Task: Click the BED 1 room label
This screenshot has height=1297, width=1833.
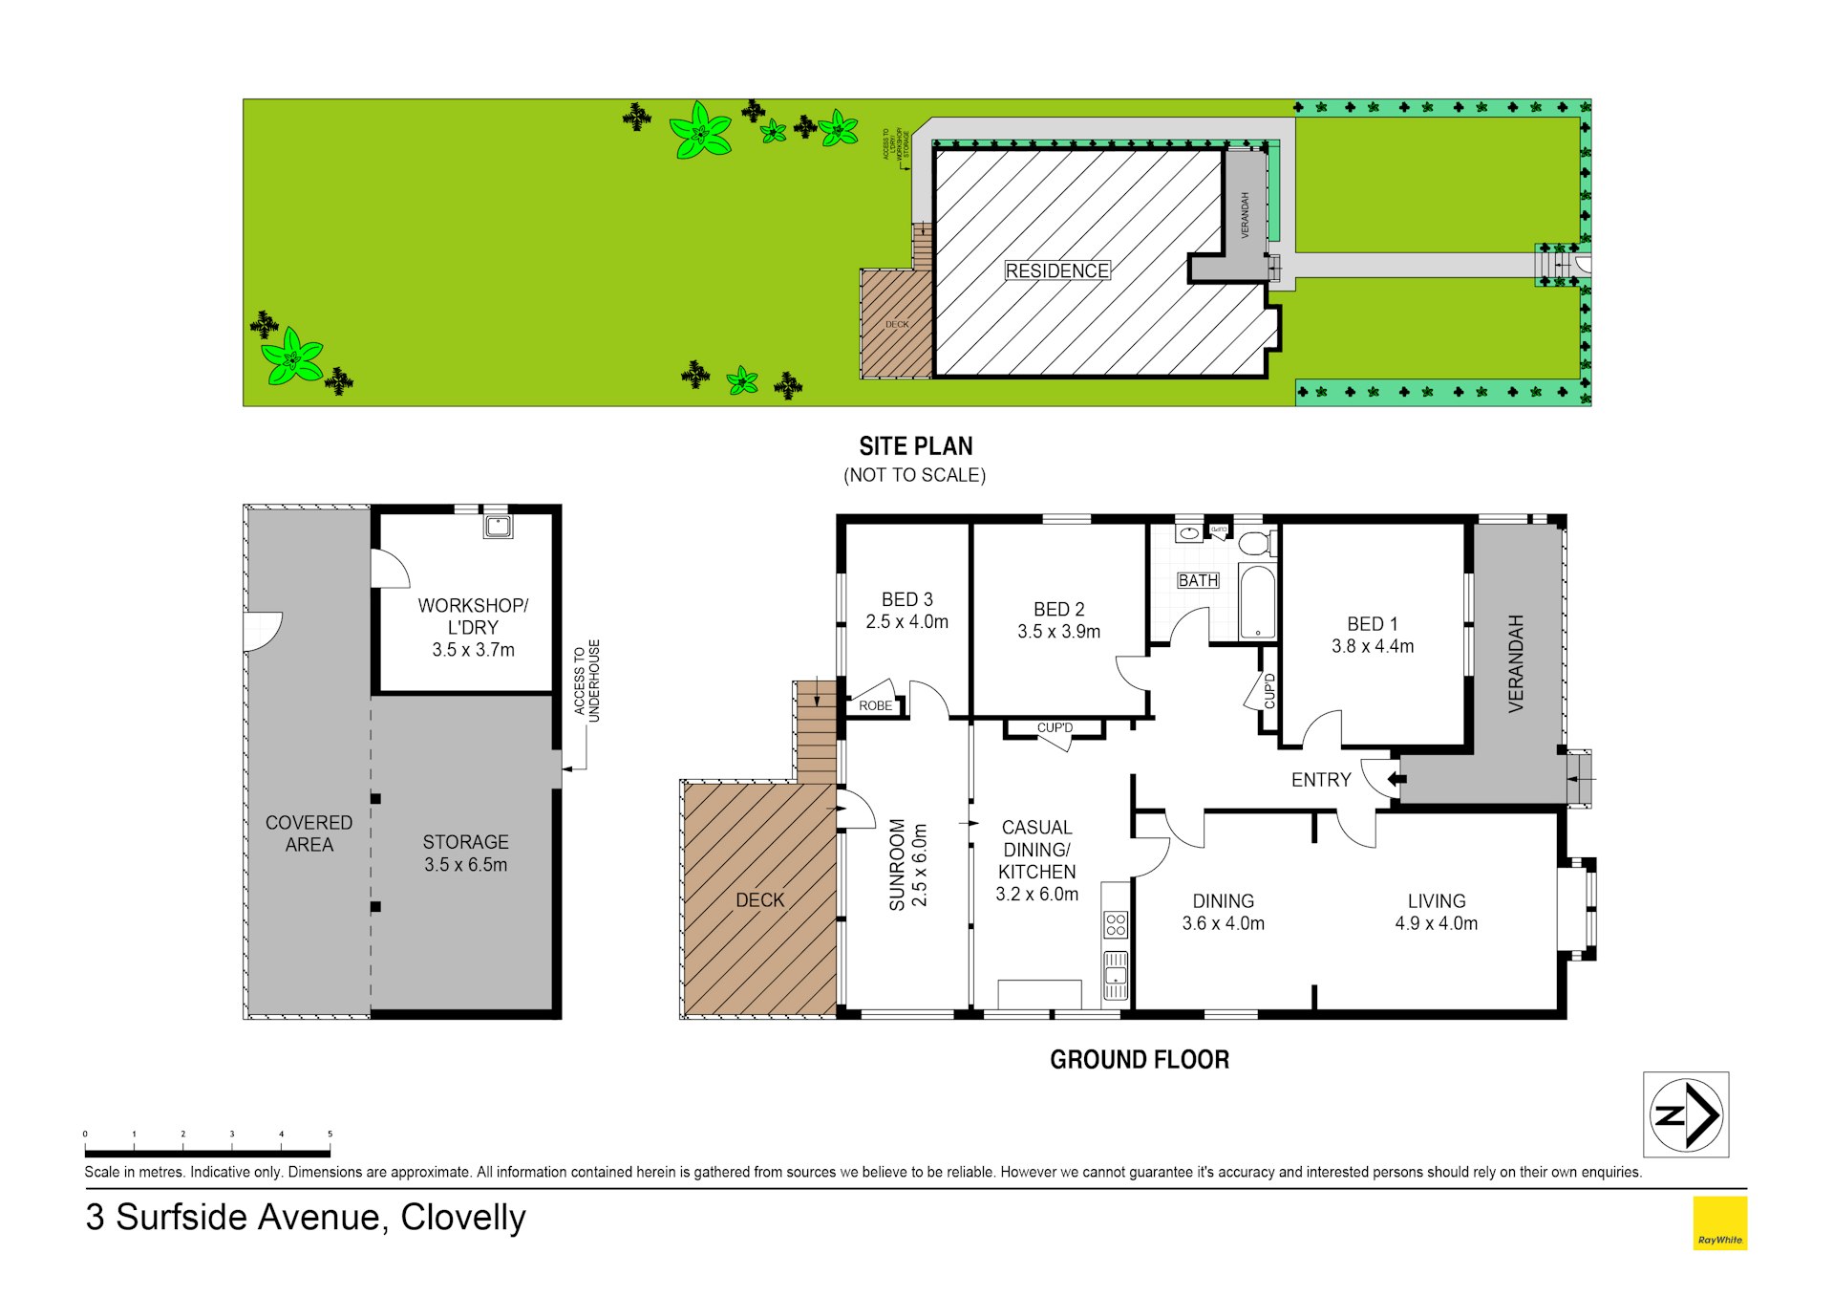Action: [1372, 624]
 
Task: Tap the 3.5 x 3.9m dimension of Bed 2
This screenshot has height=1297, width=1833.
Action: [1058, 632]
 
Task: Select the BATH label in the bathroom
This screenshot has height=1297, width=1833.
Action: [1197, 580]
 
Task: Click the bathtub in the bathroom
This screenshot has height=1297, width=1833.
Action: [1256, 601]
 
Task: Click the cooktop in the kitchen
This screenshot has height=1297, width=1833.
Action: [1115, 924]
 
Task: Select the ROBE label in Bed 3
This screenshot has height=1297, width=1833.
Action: [875, 706]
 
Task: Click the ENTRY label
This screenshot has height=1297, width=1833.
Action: [1320, 780]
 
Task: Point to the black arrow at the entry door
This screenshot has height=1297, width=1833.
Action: [1396, 779]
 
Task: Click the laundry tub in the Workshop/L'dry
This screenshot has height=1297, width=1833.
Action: [498, 526]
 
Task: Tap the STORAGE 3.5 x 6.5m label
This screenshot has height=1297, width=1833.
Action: [465, 854]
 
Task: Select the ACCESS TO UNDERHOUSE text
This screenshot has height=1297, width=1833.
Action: [586, 680]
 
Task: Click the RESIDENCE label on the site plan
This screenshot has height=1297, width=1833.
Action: [1056, 271]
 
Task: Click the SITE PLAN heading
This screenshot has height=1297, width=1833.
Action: [915, 446]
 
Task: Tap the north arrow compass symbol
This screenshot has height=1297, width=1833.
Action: [1686, 1114]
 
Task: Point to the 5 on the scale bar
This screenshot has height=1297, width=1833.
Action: [330, 1135]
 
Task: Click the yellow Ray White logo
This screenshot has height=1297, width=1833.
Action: [1719, 1223]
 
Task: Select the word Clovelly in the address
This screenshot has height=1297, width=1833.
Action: [463, 1218]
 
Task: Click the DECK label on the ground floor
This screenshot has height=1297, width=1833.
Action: [759, 900]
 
